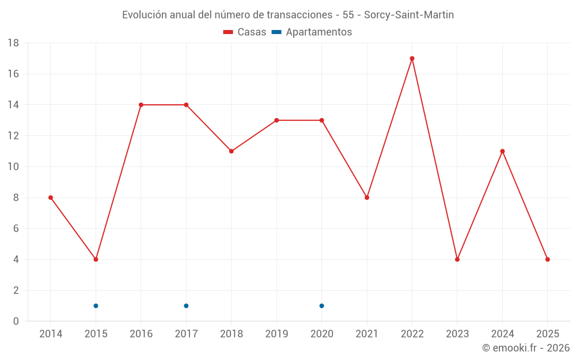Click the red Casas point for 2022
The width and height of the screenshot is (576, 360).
412,58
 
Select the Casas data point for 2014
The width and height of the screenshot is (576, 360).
51,198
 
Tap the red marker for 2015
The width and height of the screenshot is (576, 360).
96,259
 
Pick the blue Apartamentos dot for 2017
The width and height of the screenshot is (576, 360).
186,306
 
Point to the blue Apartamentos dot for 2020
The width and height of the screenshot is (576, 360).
321,306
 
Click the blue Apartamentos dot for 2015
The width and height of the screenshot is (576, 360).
96,306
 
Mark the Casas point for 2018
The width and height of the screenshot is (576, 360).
231,151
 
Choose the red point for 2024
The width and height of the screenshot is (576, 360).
502,151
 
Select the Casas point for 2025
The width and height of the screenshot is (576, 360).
547,259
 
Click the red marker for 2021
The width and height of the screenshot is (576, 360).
367,198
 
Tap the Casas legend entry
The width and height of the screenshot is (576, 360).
245,32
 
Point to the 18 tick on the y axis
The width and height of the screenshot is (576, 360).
13,43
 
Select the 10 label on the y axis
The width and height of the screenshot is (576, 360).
13,167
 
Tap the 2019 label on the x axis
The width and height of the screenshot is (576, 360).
276,334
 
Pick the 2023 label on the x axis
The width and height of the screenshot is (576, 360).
457,334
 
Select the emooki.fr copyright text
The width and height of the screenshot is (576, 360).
526,348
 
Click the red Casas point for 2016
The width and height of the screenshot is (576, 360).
141,105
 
